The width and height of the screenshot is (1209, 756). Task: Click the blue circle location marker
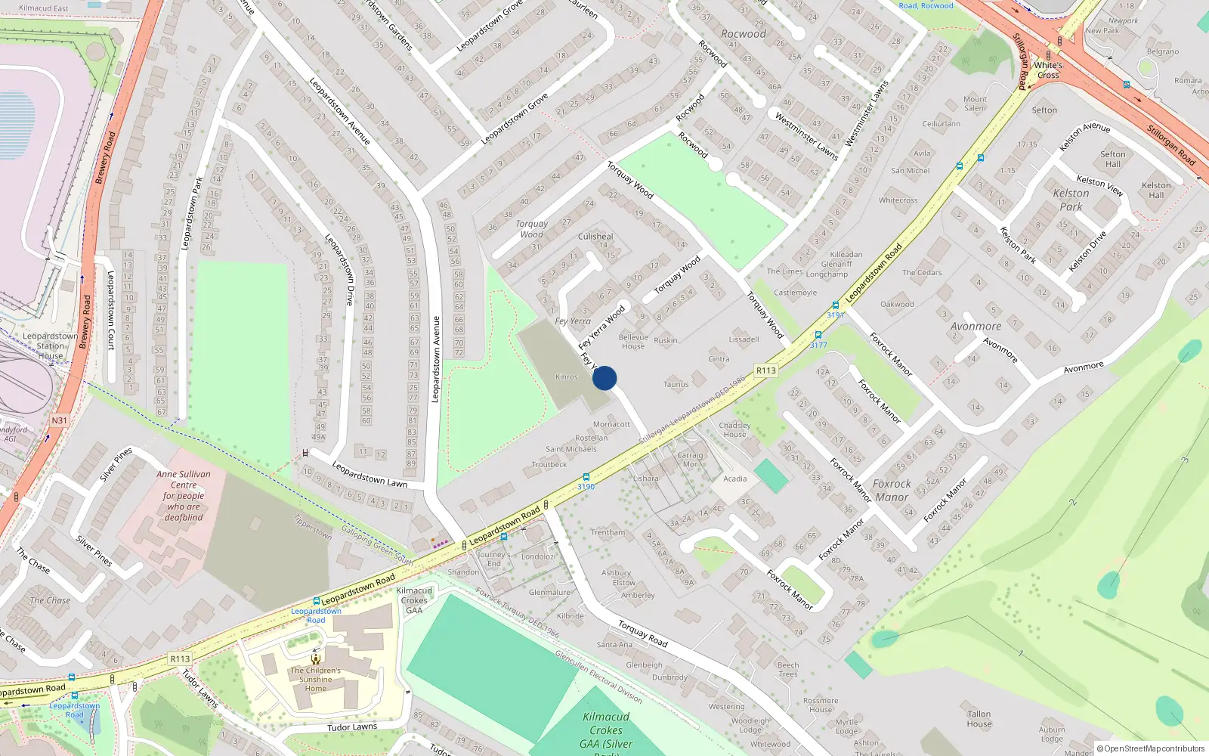[x=604, y=378]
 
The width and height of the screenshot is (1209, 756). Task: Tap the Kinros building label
[x=567, y=376]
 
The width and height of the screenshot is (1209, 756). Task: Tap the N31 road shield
[x=59, y=420]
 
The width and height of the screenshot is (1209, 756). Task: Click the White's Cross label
[x=1048, y=70]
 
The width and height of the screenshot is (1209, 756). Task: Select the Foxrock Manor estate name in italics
[x=892, y=491]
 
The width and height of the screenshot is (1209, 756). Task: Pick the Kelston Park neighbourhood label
[x=1071, y=200]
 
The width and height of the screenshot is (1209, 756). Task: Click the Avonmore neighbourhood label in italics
[x=976, y=327]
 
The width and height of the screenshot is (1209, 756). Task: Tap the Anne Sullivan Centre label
[x=184, y=496]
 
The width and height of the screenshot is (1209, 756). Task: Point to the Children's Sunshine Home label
[x=316, y=679]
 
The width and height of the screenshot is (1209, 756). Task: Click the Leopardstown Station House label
[x=50, y=345]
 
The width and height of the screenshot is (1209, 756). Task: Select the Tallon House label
[x=979, y=719]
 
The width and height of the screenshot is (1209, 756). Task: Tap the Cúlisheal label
[x=595, y=237]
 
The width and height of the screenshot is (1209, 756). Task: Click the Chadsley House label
[x=734, y=429]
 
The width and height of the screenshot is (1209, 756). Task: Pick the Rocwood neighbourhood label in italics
[x=744, y=34]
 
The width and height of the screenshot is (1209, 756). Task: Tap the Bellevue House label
[x=633, y=342]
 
